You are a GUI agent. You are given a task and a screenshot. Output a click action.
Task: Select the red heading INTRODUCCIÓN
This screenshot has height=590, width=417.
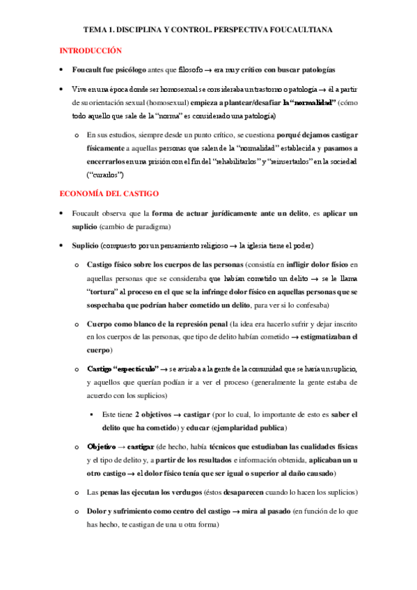(91, 51)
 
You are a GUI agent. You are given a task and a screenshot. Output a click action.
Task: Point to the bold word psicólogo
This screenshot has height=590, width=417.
(131, 70)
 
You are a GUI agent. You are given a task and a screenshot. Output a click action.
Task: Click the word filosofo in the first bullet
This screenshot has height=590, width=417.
(193, 70)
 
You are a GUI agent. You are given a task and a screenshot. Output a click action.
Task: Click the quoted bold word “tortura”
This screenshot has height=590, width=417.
(104, 291)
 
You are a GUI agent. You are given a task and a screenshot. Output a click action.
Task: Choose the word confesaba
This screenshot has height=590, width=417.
(313, 305)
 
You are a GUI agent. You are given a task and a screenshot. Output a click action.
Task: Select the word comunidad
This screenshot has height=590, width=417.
(265, 369)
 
